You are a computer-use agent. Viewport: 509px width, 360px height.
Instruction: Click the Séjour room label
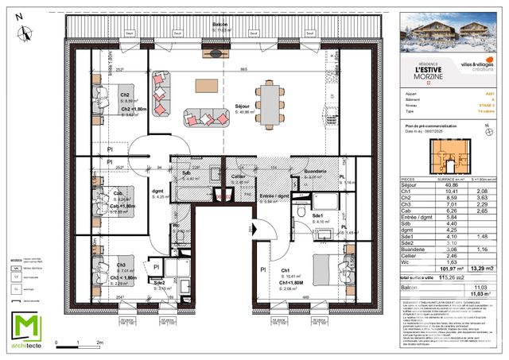(x=243, y=106)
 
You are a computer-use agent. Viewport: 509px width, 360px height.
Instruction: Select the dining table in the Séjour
(x=271, y=103)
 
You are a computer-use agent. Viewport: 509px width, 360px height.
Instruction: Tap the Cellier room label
(x=238, y=176)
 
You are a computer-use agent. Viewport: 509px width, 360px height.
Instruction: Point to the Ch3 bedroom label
(x=122, y=265)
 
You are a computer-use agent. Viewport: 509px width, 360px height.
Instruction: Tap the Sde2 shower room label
(x=158, y=283)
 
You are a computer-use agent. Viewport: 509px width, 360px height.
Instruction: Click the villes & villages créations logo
(x=475, y=63)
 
